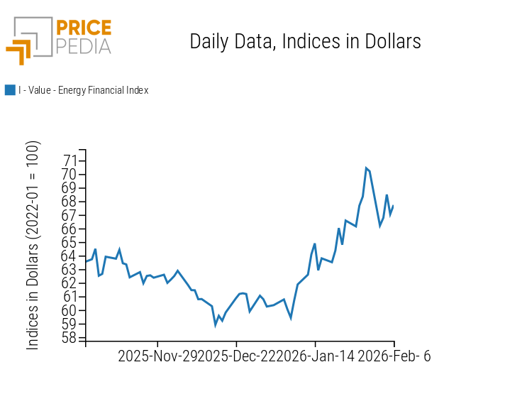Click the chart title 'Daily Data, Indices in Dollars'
click(x=305, y=42)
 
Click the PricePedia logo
click(x=59, y=39)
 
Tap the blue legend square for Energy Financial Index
click(x=10, y=90)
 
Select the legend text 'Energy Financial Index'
click(x=83, y=90)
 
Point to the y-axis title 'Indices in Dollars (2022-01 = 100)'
click(x=33, y=245)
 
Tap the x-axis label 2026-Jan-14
click(x=316, y=356)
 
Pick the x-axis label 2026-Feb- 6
click(x=394, y=356)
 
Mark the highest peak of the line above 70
click(x=366, y=168)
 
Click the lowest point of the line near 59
click(x=216, y=325)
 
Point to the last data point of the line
click(x=393, y=206)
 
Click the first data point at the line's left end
click(x=86, y=261)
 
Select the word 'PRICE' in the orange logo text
click(x=83, y=28)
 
